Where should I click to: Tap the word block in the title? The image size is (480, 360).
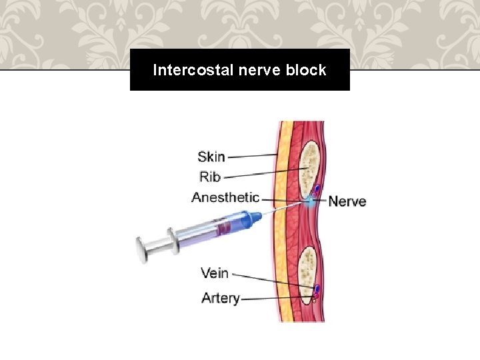(308, 70)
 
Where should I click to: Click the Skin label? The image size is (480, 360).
(211, 157)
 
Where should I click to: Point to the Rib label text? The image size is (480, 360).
(210, 177)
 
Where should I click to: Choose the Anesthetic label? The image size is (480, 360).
(225, 197)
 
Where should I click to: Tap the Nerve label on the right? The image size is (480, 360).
(347, 201)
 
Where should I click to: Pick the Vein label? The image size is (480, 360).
(215, 273)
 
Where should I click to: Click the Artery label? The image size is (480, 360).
(221, 298)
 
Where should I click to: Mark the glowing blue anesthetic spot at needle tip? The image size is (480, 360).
(311, 201)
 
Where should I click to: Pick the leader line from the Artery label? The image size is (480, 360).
(277, 298)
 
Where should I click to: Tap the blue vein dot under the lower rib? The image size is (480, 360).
(317, 289)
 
